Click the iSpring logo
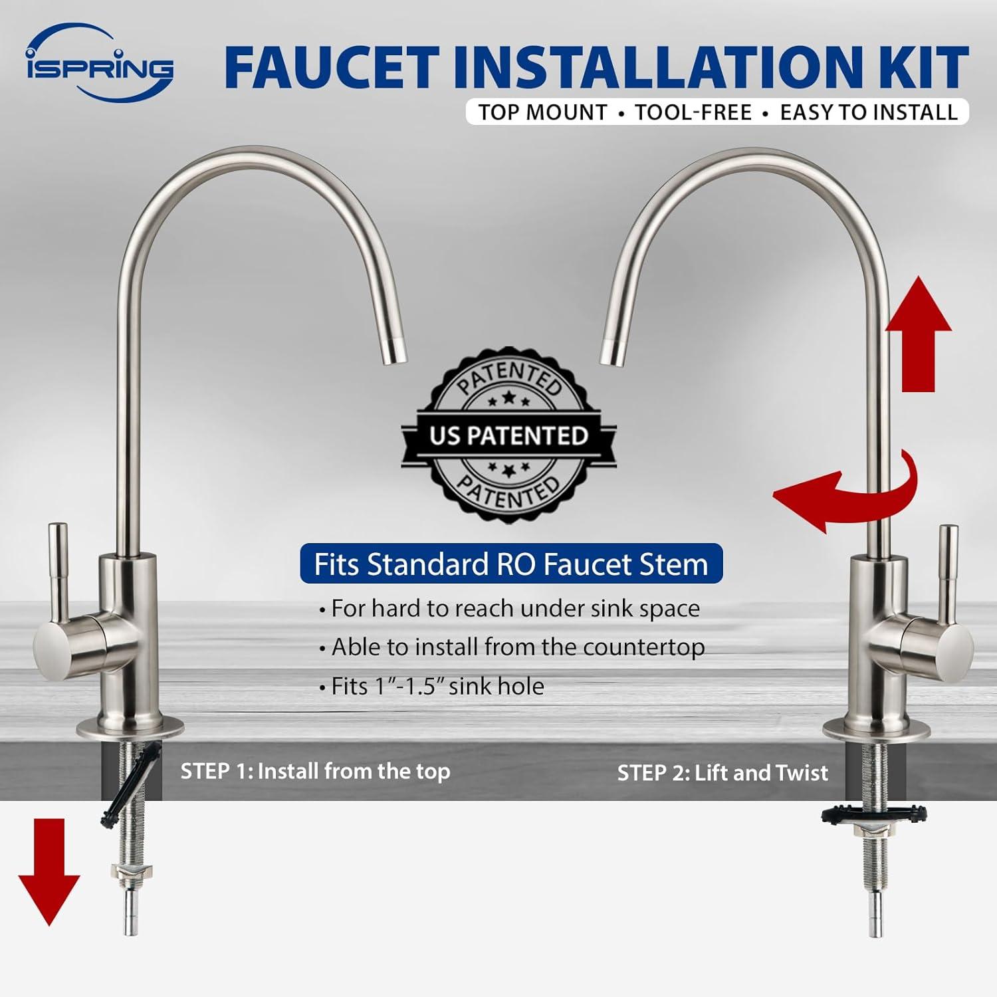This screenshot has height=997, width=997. [x=100, y=64]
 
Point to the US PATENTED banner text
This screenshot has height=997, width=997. [x=508, y=436]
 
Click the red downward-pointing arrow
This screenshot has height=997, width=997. [x=49, y=872]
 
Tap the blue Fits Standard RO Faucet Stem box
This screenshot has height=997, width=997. [x=511, y=564]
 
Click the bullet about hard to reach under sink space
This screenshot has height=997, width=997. [x=509, y=609]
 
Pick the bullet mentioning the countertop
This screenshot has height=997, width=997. [x=512, y=647]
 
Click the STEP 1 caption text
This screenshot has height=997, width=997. [x=316, y=771]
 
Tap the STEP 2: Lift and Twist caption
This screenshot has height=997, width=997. [x=722, y=773]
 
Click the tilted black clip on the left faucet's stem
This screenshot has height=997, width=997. [x=132, y=784]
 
